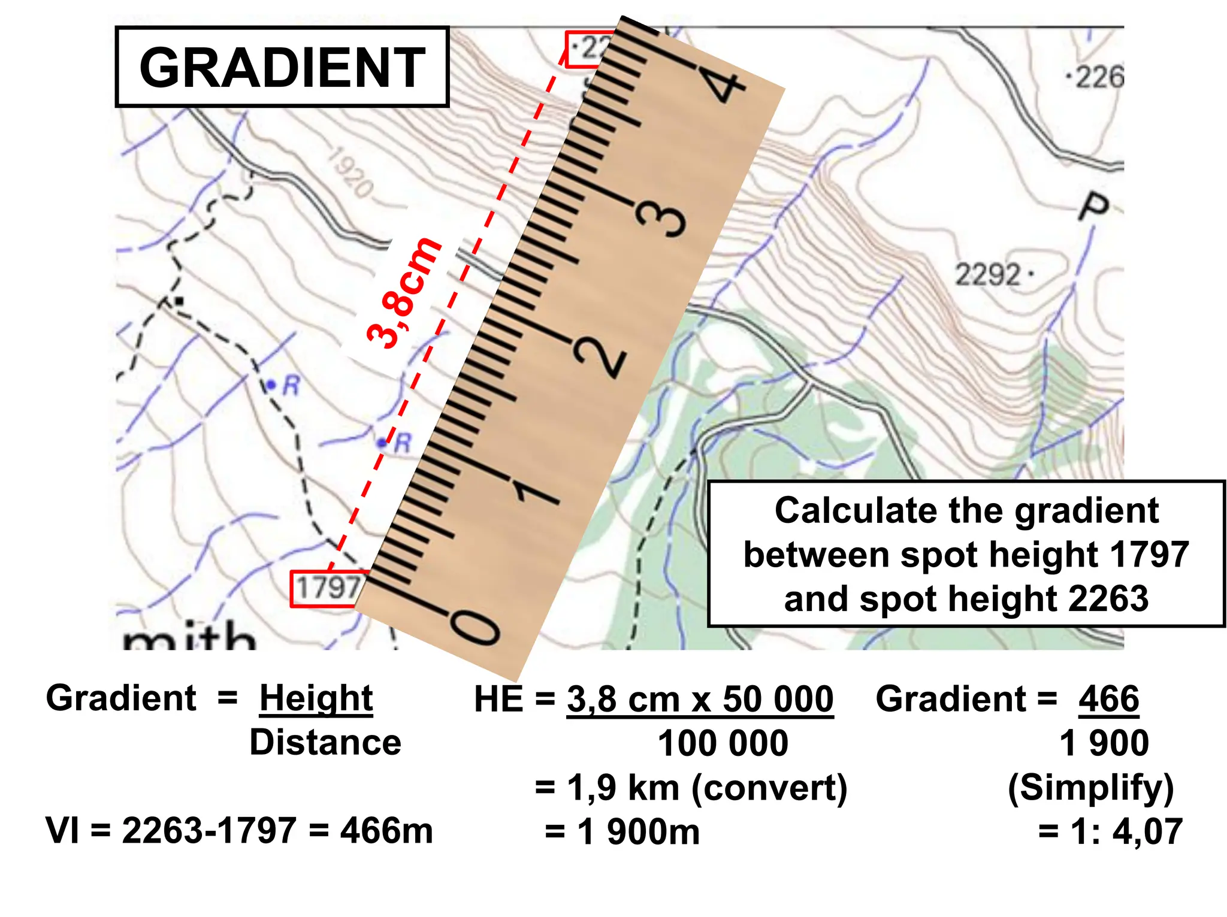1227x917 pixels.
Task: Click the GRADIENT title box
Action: click(x=282, y=67)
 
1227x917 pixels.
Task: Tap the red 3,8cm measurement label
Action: click(x=404, y=293)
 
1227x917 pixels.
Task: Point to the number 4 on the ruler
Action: click(x=726, y=87)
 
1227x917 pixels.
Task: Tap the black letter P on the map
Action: click(x=1093, y=207)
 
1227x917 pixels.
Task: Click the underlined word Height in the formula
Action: click(x=316, y=699)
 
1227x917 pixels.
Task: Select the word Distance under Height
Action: click(x=325, y=743)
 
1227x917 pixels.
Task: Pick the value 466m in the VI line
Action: click(x=386, y=831)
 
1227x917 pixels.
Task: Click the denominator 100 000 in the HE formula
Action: click(x=723, y=744)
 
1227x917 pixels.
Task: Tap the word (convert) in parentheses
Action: click(x=769, y=788)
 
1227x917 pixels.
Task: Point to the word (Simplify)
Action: click(x=1090, y=788)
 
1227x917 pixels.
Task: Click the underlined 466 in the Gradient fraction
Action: click(x=1108, y=699)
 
